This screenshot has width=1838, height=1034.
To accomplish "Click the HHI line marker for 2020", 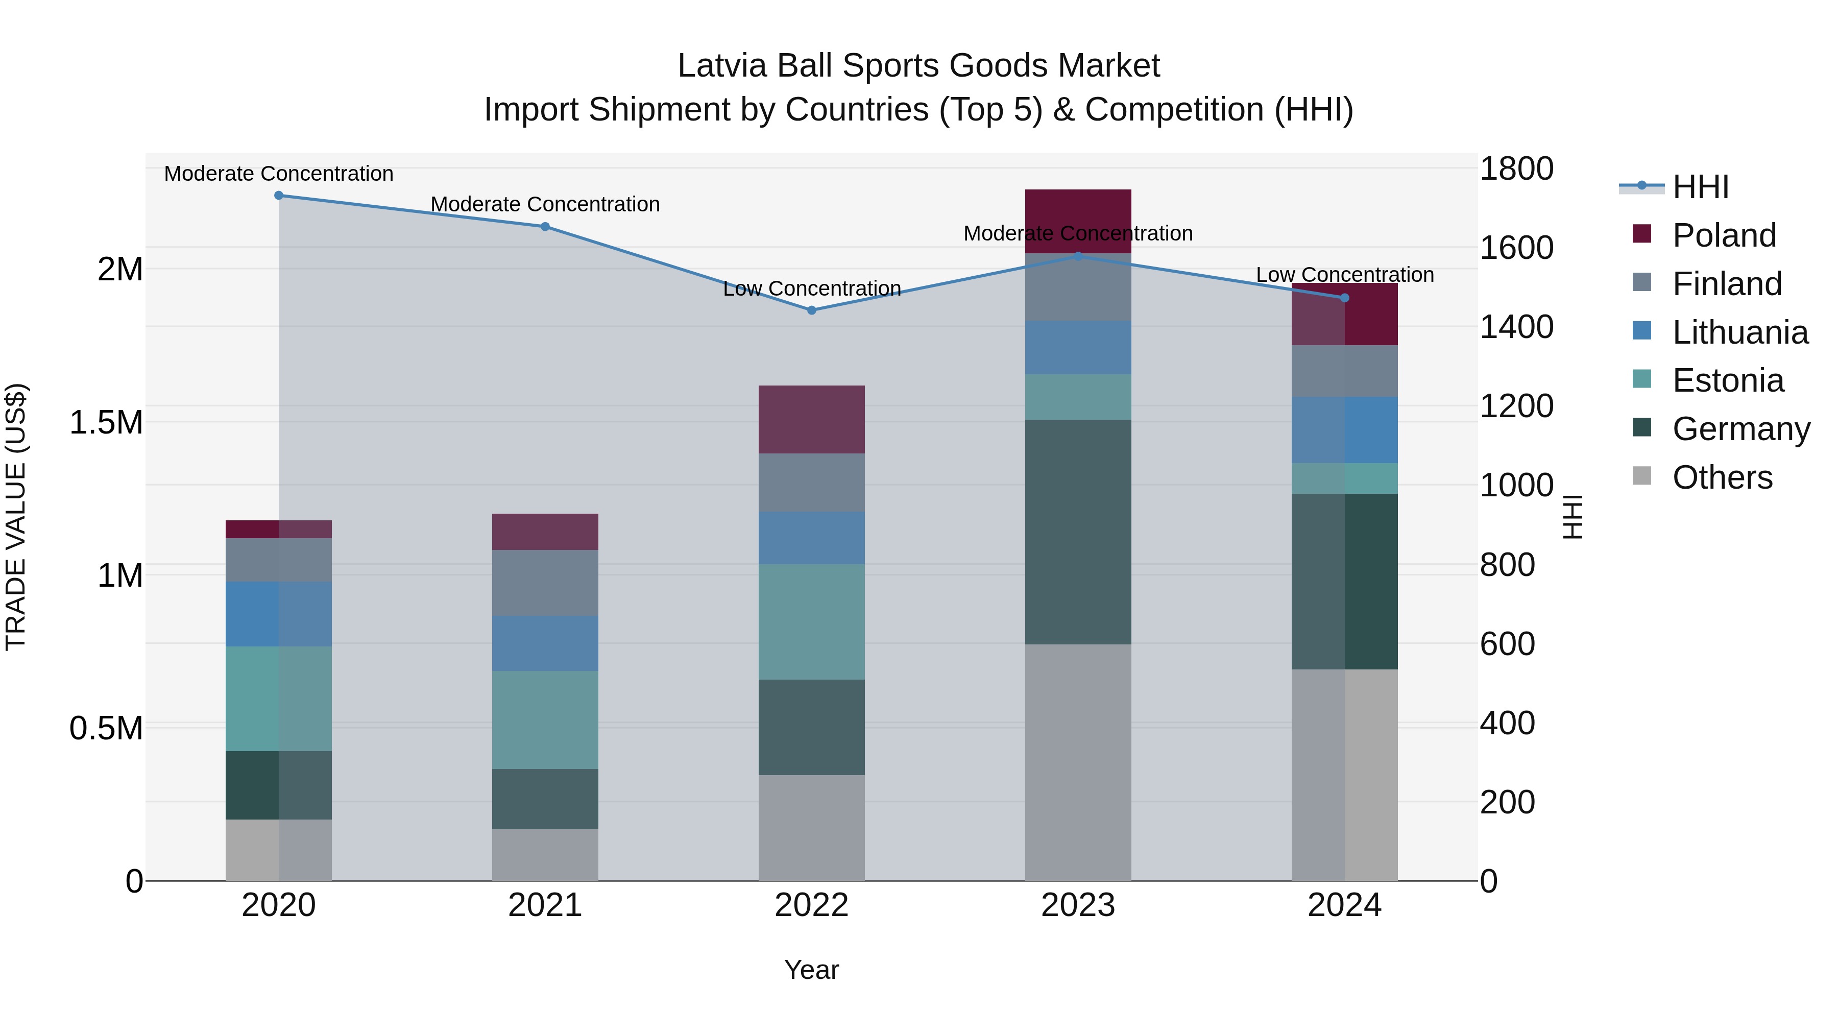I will [279, 195].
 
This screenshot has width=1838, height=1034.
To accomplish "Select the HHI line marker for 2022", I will [811, 310].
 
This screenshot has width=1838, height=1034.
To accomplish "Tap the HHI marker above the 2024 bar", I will [1344, 298].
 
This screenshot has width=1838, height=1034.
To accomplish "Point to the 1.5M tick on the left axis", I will [106, 422].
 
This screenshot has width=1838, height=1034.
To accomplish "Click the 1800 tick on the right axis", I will [1516, 169].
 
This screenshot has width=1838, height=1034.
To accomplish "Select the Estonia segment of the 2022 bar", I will [811, 621].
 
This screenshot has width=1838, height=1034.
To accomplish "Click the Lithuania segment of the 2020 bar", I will [279, 614].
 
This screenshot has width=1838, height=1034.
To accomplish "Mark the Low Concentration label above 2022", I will [811, 288].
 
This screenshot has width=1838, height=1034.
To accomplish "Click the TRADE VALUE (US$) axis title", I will [16, 517].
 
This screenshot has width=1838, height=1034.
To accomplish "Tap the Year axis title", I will [811, 970].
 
